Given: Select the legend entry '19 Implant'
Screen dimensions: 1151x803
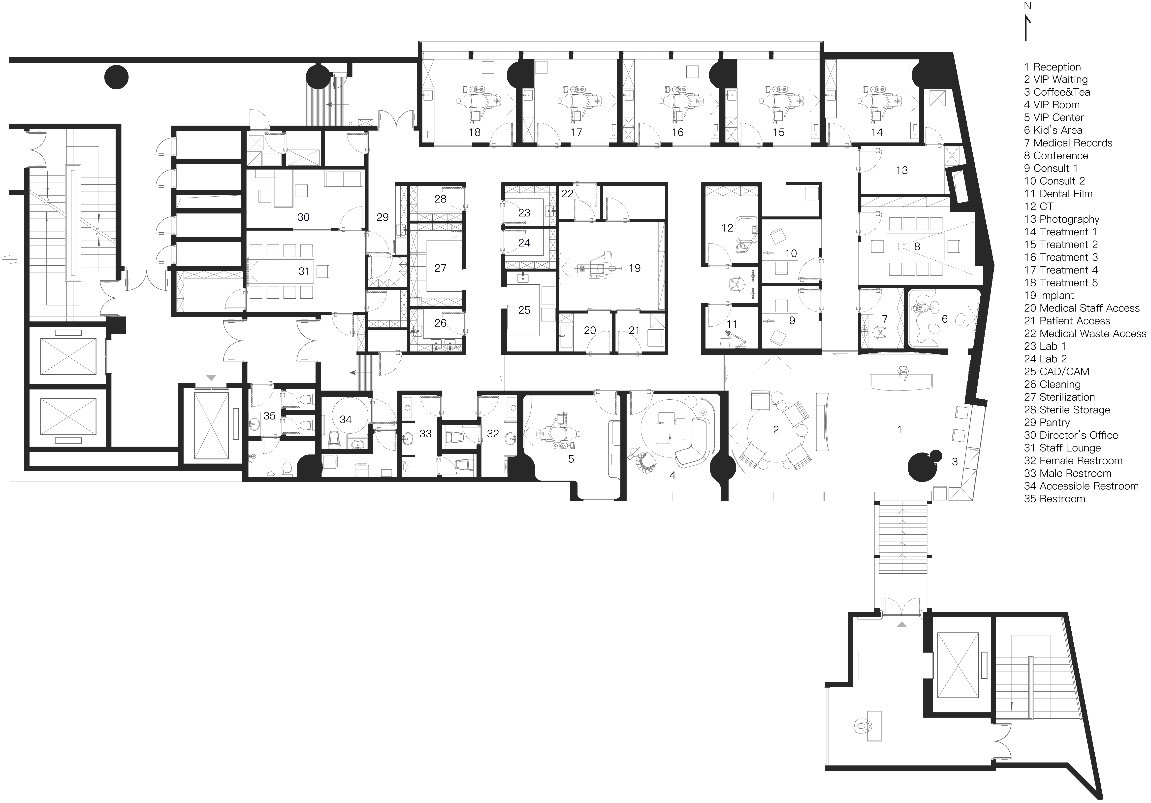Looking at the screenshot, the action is [x=1049, y=295].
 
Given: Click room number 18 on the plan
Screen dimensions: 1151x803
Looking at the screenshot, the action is [x=474, y=132].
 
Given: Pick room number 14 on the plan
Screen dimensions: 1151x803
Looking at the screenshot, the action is [x=877, y=132].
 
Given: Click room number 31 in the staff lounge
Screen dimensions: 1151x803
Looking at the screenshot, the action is [x=304, y=271].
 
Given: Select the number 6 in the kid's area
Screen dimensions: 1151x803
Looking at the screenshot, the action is [x=944, y=319].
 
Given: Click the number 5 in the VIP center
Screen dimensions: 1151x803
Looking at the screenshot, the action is [x=571, y=459].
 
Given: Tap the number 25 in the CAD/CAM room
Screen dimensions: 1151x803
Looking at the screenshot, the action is [x=524, y=311].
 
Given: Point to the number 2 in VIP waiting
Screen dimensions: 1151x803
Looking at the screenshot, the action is [x=776, y=430].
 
